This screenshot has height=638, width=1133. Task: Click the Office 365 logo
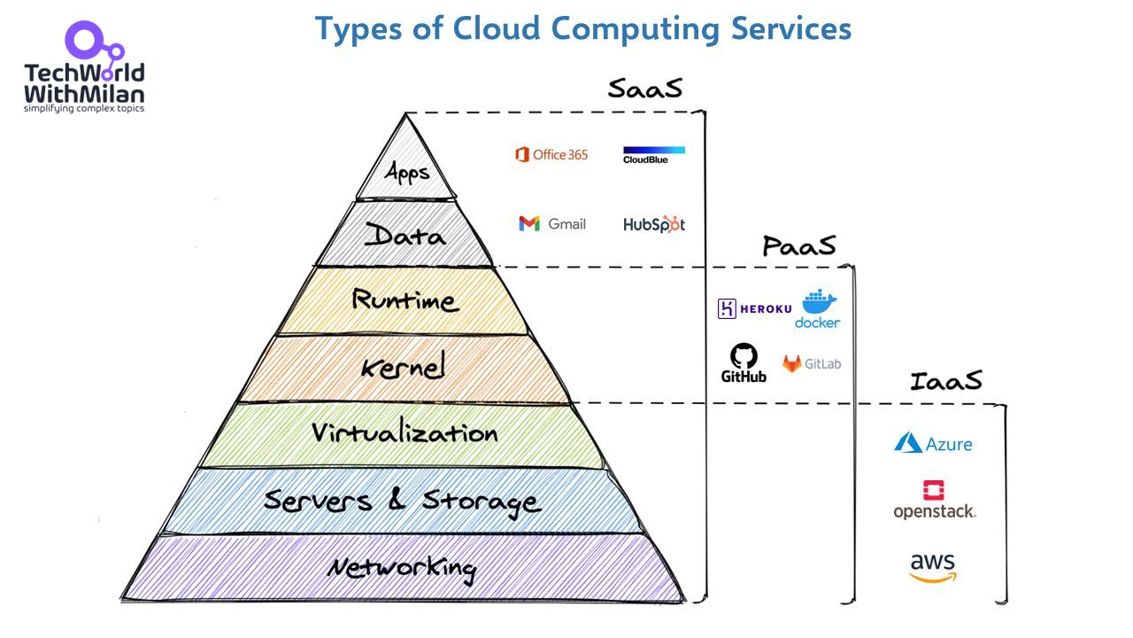tap(551, 155)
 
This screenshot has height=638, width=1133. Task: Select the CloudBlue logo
tap(653, 154)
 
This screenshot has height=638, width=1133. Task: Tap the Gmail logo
tap(552, 224)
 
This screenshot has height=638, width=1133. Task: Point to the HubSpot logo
tap(653, 224)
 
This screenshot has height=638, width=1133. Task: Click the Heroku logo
tap(754, 308)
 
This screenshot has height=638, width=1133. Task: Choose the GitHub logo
tap(744, 363)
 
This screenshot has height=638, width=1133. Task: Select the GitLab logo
tap(811, 363)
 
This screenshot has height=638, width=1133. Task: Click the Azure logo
tap(933, 443)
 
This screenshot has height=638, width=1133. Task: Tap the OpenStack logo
tap(934, 500)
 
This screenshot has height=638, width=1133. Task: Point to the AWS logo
tap(933, 567)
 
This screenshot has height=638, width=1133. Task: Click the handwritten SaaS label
tap(645, 89)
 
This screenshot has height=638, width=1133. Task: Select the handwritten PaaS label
tap(798, 245)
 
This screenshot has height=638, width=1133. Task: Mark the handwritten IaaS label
tap(945, 381)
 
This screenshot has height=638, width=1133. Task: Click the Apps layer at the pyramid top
tap(407, 170)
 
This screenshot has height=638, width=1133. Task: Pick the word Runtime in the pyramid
tap(405, 300)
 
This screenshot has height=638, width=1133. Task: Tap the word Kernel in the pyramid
tap(403, 366)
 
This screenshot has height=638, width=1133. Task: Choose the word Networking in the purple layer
tap(402, 567)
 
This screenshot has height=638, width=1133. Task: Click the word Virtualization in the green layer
tap(405, 433)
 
